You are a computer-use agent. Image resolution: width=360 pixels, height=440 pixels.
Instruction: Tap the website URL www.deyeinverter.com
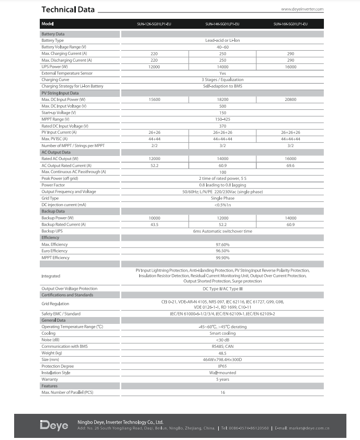302,9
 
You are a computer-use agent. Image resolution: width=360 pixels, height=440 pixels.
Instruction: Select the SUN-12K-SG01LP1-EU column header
154,24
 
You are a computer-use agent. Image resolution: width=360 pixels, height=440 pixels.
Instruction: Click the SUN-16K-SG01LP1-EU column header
290,24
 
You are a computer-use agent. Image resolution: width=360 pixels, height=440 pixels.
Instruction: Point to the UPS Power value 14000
222,66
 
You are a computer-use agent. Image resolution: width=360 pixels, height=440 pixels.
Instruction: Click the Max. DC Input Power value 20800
290,99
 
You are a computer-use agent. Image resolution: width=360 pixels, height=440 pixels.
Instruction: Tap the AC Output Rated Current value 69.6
290,165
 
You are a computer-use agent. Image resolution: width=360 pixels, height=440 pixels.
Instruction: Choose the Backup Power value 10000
154,218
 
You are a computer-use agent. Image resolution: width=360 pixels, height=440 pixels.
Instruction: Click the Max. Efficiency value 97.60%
222,244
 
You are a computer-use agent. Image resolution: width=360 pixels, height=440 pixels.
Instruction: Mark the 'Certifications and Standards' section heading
67,295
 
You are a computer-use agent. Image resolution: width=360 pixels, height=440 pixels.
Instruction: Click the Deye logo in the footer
54,425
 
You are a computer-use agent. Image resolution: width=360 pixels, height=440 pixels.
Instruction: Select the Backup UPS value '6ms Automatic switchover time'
222,231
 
